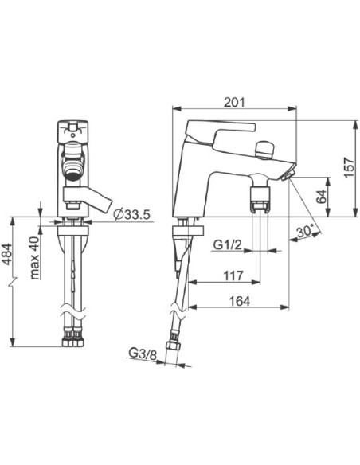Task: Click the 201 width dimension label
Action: point(234,102)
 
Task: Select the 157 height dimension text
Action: point(349,168)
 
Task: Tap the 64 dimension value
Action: point(321,197)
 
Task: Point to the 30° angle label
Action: point(305,231)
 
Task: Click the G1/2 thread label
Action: point(228,245)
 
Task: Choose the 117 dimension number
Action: point(233,275)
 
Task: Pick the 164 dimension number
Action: point(240,301)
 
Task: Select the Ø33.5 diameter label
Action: point(132,214)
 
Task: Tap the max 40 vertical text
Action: point(35,258)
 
